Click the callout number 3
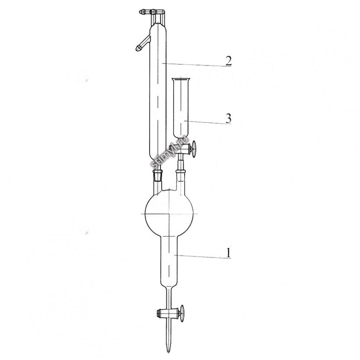228,118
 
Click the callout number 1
228,253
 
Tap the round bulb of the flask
169,213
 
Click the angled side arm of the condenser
143,44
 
